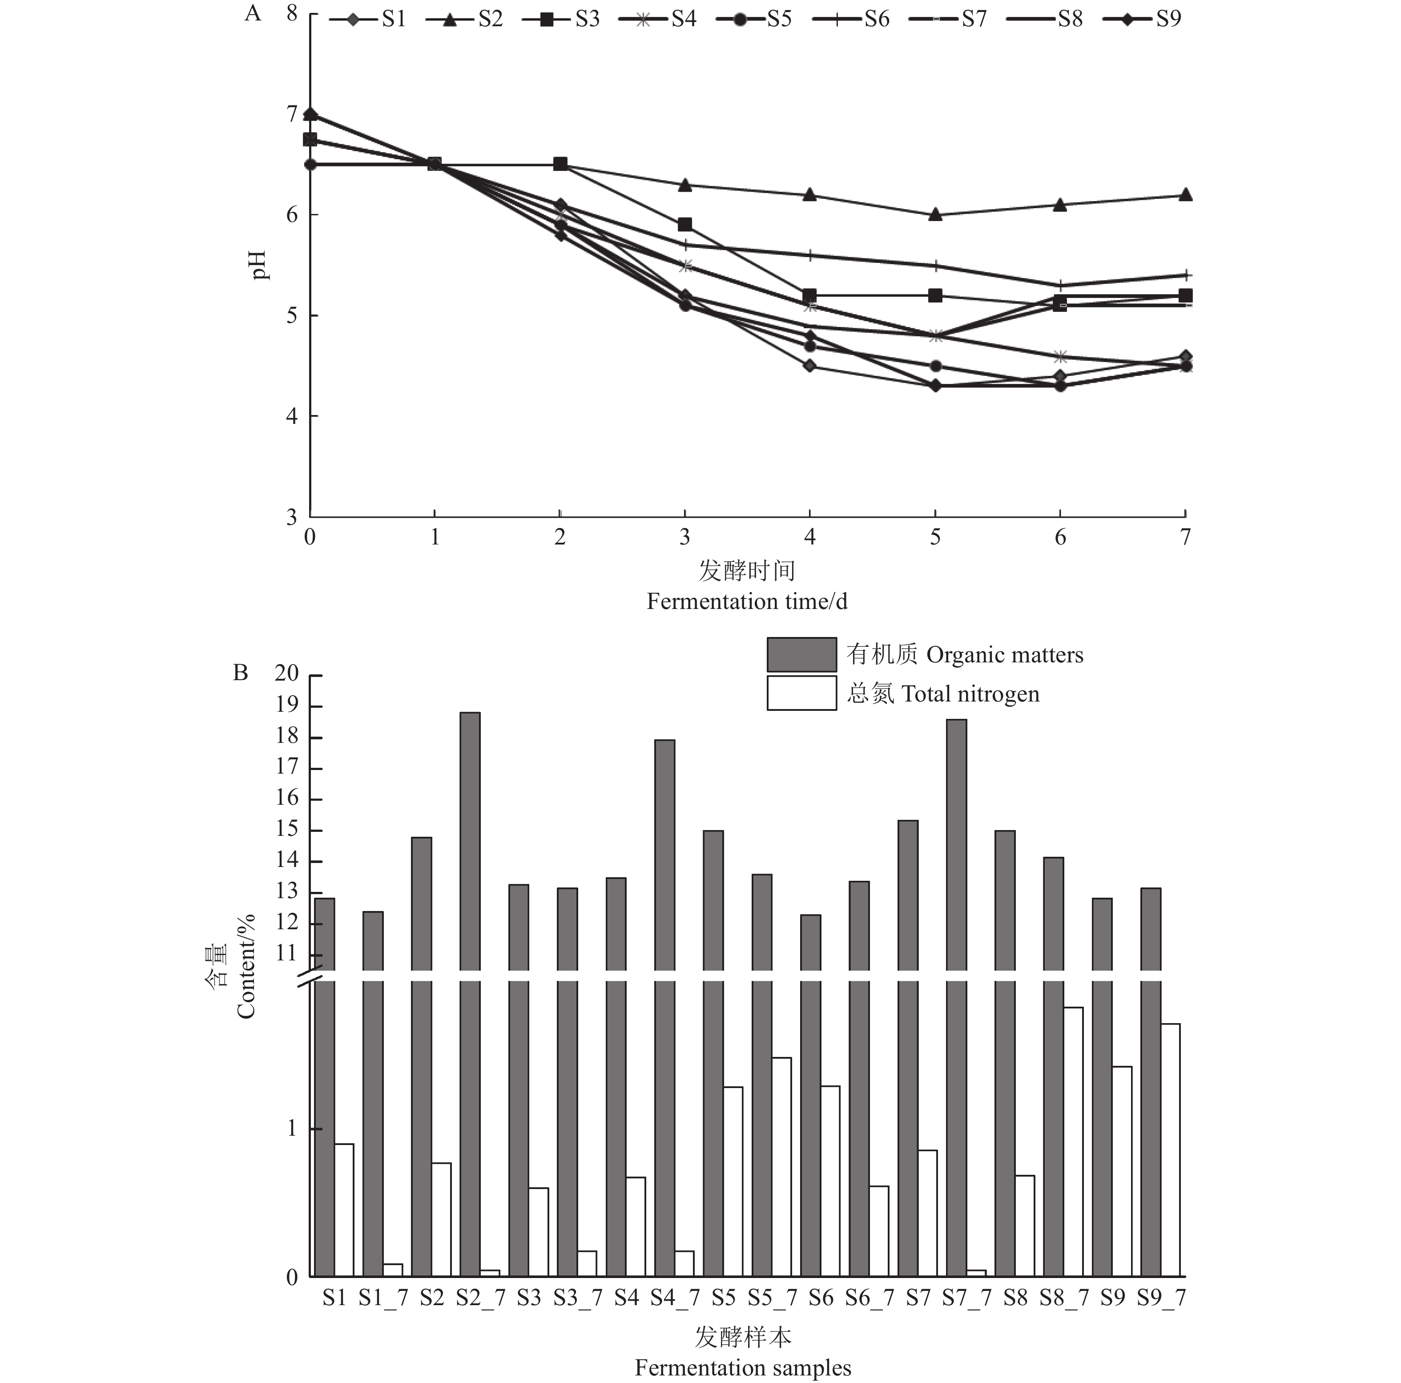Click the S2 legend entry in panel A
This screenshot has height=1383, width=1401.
pyautogui.click(x=464, y=19)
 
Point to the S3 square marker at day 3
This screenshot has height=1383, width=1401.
pyautogui.click(x=684, y=225)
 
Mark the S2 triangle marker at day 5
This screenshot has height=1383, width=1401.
pyautogui.click(x=935, y=215)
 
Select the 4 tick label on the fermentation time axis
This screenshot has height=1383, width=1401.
pyautogui.click(x=810, y=537)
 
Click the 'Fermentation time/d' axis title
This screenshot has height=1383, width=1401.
pyautogui.click(x=747, y=601)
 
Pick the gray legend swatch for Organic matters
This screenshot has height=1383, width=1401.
pyautogui.click(x=801, y=654)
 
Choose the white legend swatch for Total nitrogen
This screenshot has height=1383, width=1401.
pyautogui.click(x=801, y=694)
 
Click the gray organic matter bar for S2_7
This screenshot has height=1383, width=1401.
pyautogui.click(x=470, y=943)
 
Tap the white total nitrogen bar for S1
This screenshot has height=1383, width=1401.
pyautogui.click(x=344, y=1212)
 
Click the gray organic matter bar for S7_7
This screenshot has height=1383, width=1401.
pyautogui.click(x=957, y=943)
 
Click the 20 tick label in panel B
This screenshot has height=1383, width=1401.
pyautogui.click(x=286, y=674)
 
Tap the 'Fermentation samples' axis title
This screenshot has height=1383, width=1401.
pyautogui.click(x=743, y=1368)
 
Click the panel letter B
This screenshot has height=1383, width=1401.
pyautogui.click(x=241, y=674)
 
